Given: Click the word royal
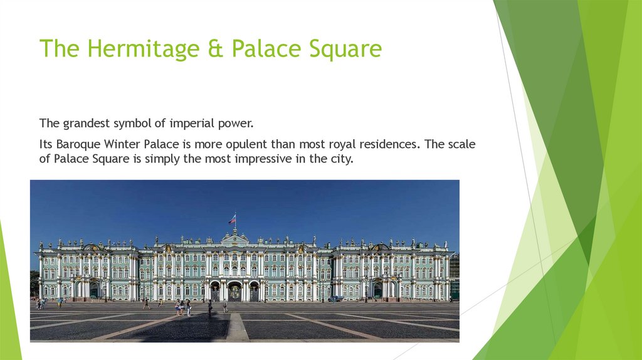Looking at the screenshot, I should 342,144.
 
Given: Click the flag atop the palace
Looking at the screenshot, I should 233,219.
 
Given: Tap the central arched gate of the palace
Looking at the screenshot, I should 234,292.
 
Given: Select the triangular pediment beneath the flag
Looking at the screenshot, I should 234,238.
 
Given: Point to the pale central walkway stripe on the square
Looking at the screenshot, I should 237,327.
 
